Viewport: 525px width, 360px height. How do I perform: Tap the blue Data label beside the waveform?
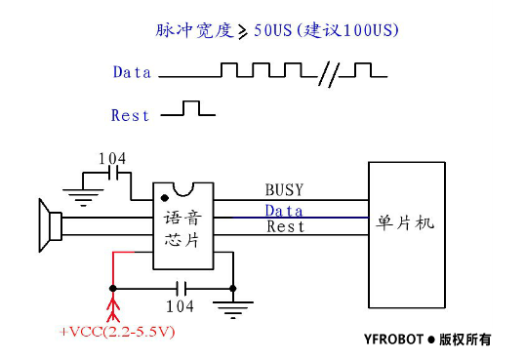click(x=132, y=72)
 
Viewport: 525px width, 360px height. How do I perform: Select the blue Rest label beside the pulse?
click(x=131, y=115)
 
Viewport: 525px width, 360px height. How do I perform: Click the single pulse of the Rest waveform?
click(x=192, y=107)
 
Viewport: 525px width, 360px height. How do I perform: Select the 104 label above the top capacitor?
click(x=112, y=158)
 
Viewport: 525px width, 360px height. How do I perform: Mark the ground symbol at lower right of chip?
click(x=232, y=310)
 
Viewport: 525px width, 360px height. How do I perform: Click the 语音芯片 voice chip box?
click(x=182, y=226)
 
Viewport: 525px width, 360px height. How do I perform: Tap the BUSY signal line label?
click(x=284, y=189)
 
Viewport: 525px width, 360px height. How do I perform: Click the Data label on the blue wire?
click(x=284, y=210)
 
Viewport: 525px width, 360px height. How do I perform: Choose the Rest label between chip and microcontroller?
click(x=285, y=226)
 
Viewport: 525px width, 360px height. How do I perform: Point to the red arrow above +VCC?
click(x=113, y=306)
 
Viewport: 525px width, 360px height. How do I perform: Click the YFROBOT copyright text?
click(x=422, y=340)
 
